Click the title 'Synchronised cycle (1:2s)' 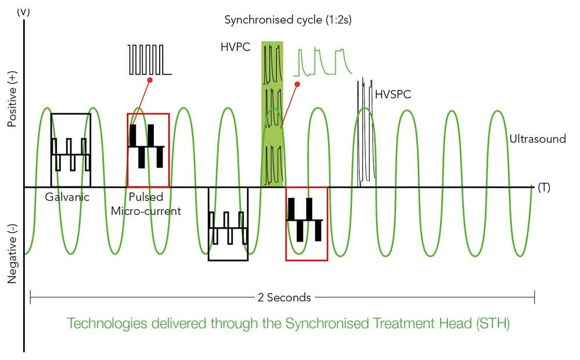pos(288,20)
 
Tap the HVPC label pos(235,47)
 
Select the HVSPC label pos(393,94)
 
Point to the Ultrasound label pos(538,139)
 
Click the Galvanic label pos(67,197)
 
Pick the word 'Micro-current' pos(146,211)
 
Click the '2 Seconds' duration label pos(284,297)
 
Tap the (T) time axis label pos(544,188)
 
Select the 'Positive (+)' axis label pos(12,99)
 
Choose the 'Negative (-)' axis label pos(12,254)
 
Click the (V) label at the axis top pos(23,12)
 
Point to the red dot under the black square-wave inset pos(150,80)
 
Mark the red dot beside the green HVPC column pos(297,84)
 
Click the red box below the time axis pos(307,261)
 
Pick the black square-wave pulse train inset pos(149,60)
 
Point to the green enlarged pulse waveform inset pos(323,62)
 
